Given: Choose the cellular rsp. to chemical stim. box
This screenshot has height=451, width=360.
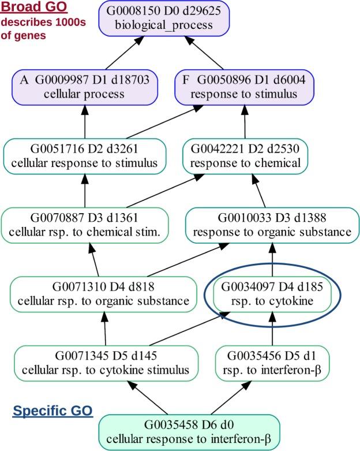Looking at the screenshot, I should coord(85,225).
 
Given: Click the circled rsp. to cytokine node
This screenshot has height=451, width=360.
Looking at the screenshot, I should coord(272,293).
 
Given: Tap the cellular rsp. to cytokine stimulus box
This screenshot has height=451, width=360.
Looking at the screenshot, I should coord(105,362).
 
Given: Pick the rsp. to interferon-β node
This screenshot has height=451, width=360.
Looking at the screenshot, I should coord(272,362).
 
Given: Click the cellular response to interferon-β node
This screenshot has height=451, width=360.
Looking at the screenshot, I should coord(190,430).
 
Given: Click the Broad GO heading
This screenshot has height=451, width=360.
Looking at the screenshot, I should coord(33,8).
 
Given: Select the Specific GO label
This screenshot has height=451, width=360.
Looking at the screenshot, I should coord(53,411).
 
